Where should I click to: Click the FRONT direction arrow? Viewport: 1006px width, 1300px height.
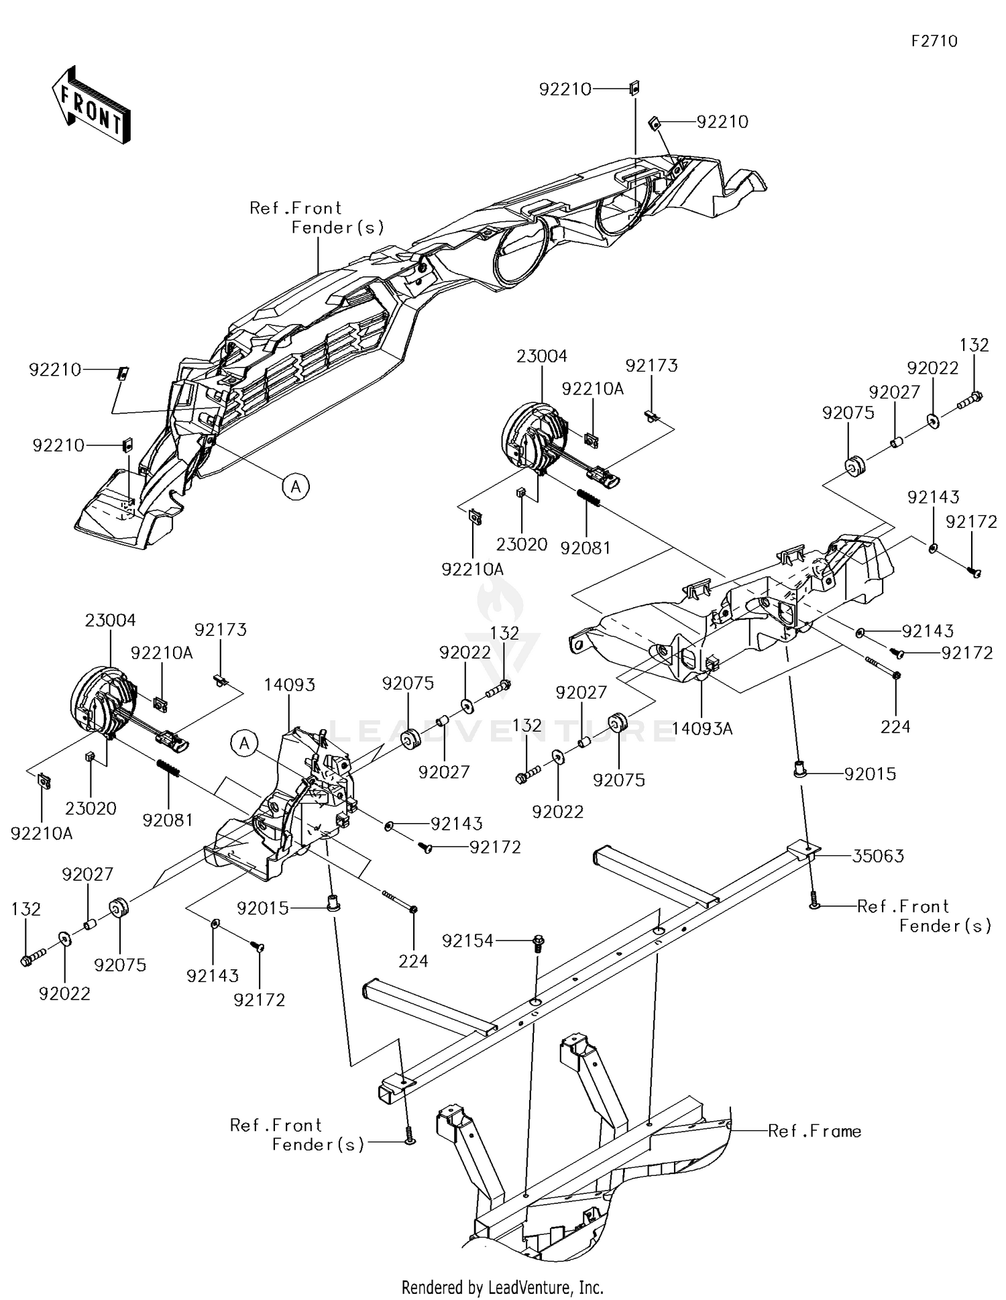pos(91,105)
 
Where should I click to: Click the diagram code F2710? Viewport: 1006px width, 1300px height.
pos(934,42)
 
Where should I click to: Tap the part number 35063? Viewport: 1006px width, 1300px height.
pos(879,856)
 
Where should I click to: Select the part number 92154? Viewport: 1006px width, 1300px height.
pos(467,941)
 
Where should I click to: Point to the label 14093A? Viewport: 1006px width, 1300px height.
pos(702,728)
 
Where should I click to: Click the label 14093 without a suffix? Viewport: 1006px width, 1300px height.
pos(290,685)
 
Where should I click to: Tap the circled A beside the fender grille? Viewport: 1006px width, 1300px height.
pos(296,486)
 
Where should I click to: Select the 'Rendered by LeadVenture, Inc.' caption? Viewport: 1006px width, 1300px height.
pos(502,1287)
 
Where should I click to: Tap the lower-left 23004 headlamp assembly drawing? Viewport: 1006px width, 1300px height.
pos(104,702)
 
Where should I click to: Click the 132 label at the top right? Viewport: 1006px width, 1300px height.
pos(974,345)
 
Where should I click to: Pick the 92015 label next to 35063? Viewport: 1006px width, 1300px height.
pos(870,774)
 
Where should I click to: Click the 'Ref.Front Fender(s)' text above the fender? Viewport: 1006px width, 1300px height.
pos(317,218)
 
